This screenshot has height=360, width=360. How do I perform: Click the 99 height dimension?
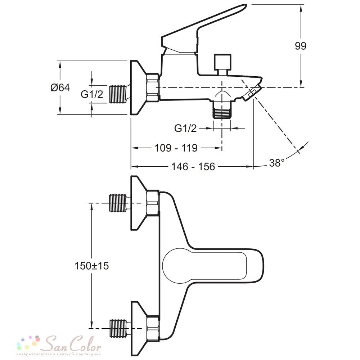click(x=301, y=46)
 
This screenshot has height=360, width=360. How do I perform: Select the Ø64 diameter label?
click(x=60, y=87)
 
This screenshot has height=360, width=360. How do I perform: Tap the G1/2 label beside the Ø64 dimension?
click(x=92, y=94)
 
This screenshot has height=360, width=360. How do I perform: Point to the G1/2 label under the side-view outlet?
click(x=185, y=129)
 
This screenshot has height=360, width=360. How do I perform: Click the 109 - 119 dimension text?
click(x=176, y=148)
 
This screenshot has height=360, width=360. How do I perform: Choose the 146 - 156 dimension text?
click(x=193, y=167)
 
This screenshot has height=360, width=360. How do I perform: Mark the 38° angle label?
click(x=276, y=163)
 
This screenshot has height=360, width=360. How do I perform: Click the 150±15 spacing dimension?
click(x=91, y=266)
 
